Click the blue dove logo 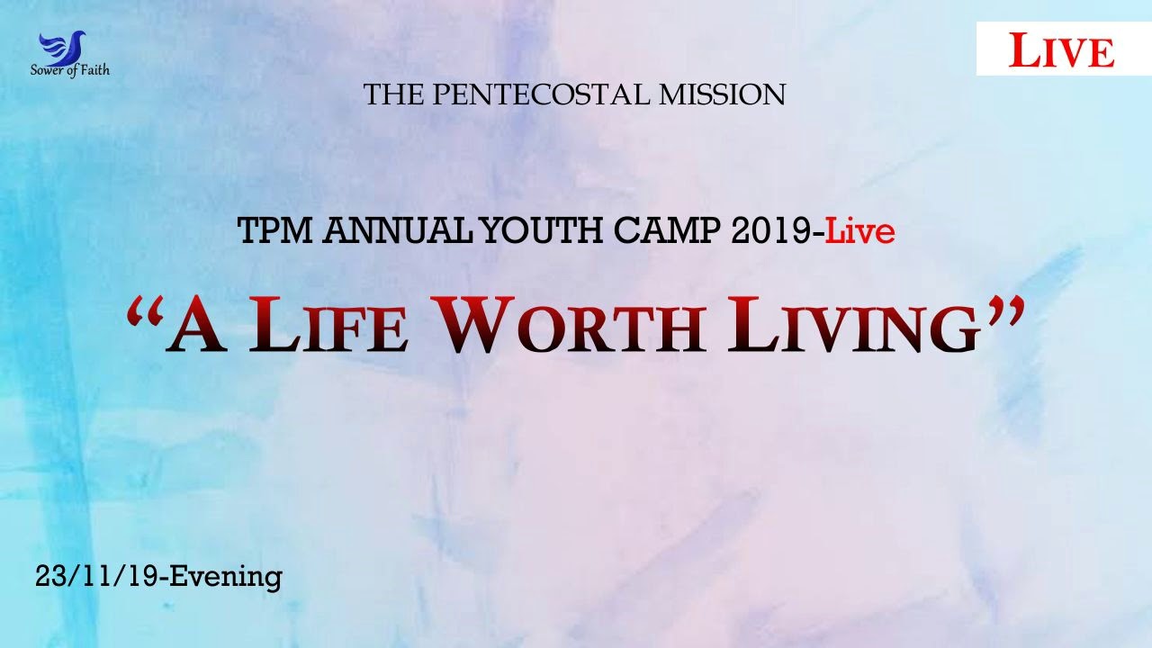62,47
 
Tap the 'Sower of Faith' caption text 70,70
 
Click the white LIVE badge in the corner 1062,49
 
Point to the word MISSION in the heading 722,94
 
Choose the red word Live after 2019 860,232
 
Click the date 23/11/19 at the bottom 97,576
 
